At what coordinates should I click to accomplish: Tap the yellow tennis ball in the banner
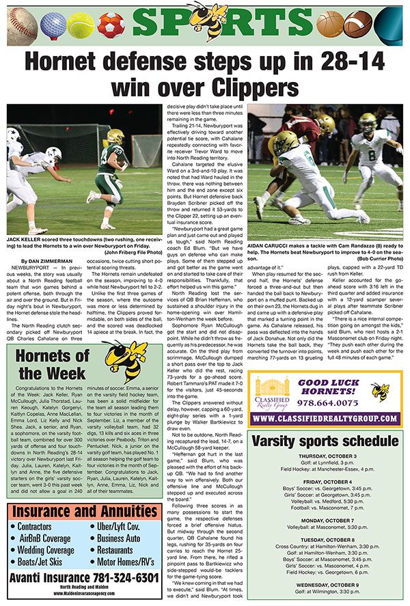pyautogui.click(x=81, y=25)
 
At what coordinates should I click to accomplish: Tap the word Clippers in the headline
pyautogui.click(x=251, y=87)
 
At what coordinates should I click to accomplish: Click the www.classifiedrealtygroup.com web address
pyautogui.click(x=325, y=418)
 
